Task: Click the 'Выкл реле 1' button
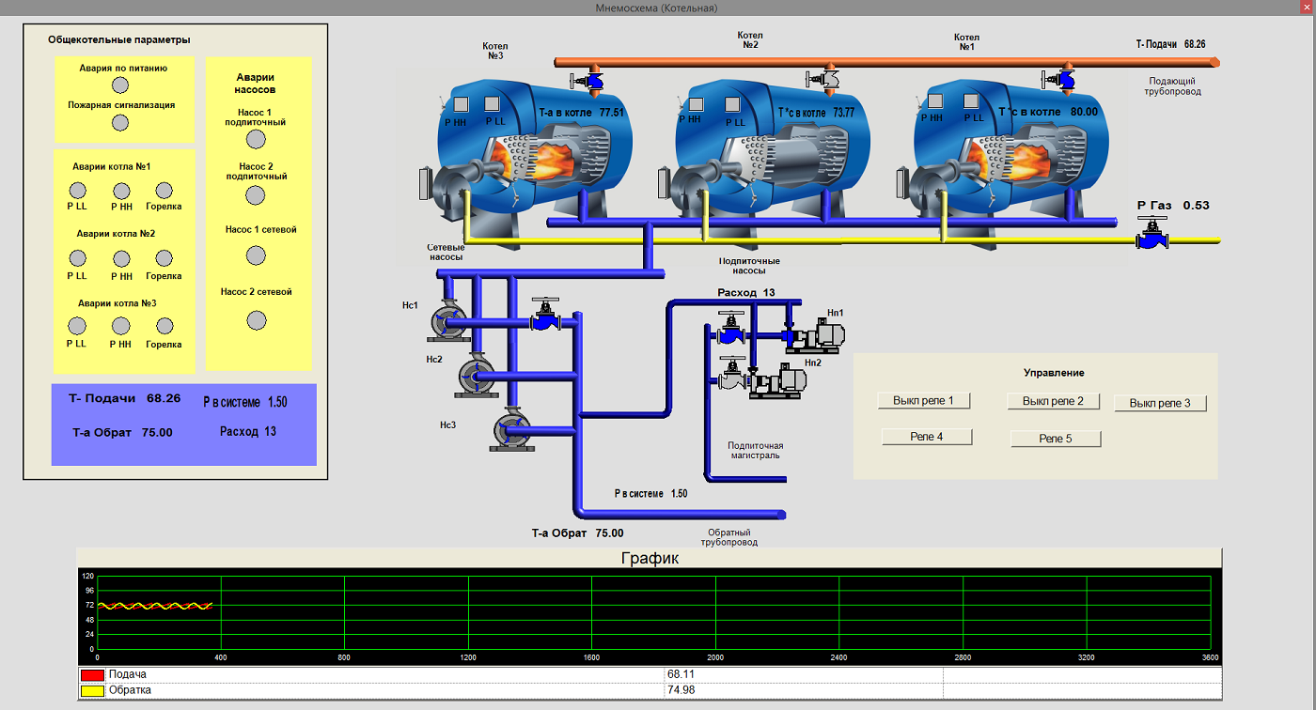(x=923, y=401)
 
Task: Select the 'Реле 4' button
(x=927, y=437)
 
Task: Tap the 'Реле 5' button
(x=1055, y=439)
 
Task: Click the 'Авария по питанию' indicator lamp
(x=120, y=85)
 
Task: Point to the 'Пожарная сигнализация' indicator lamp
(x=120, y=123)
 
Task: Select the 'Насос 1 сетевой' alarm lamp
(x=256, y=255)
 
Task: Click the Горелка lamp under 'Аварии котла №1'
(x=164, y=191)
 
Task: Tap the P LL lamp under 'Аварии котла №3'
(x=77, y=326)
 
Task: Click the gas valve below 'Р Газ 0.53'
(x=1151, y=234)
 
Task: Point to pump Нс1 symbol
(x=448, y=321)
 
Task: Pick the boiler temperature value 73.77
(x=844, y=113)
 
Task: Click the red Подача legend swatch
(x=92, y=675)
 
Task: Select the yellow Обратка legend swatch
(x=92, y=690)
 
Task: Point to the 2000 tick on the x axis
(x=715, y=657)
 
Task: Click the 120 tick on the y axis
(x=88, y=577)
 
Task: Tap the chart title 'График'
(x=650, y=558)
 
